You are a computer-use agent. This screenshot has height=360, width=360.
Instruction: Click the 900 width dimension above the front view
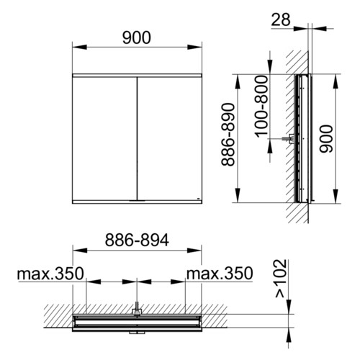[137, 37]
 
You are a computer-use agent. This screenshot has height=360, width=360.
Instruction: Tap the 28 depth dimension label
[281, 19]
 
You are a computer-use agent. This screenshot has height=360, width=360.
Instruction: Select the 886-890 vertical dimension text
[228, 135]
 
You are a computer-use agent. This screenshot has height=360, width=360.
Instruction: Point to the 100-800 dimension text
[261, 107]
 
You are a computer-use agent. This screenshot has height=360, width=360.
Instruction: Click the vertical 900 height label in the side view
[326, 139]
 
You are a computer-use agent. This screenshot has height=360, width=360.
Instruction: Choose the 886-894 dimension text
[137, 240]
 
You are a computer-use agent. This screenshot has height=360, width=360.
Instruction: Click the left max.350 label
[50, 274]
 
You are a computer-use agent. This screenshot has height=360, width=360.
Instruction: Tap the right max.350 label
[220, 274]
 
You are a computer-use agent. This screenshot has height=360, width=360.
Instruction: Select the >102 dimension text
[281, 279]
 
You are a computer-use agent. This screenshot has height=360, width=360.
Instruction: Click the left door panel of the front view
[104, 138]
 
